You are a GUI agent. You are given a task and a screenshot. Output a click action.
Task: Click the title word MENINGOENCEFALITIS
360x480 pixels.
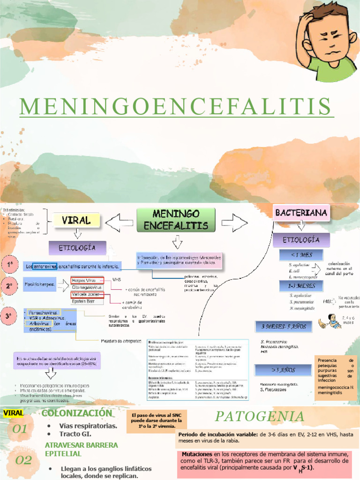click(x=176, y=106)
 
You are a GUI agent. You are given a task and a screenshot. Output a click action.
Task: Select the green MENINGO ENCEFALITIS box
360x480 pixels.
click(x=176, y=220)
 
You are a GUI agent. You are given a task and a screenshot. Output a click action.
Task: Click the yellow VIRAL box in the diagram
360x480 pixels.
click(x=76, y=221)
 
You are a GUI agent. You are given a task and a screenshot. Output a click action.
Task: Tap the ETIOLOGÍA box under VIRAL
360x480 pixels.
click(x=77, y=247)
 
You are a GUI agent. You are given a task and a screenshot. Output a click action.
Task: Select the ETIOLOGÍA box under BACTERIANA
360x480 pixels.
click(x=301, y=240)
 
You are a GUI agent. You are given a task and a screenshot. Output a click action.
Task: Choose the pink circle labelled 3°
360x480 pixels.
click(x=9, y=317)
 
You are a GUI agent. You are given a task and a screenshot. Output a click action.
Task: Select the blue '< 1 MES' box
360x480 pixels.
click(x=300, y=255)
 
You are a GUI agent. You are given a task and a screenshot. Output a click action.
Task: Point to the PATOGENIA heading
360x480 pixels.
click(x=260, y=416)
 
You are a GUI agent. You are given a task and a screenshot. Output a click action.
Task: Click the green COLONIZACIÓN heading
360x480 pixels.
click(x=77, y=413)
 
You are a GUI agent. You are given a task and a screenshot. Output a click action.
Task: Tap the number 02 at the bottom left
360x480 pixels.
click(x=23, y=460)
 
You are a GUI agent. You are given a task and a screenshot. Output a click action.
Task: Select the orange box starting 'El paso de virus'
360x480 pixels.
click(x=157, y=420)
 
